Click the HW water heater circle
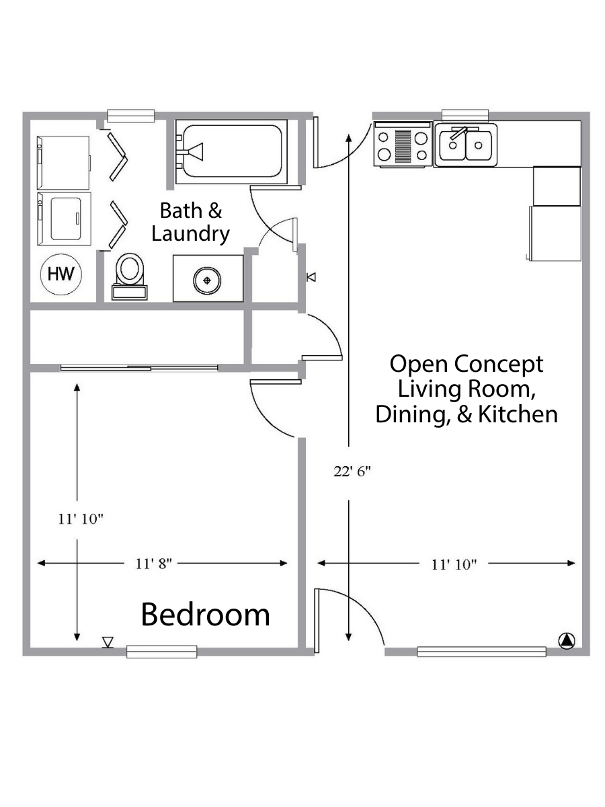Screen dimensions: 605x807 [61, 274]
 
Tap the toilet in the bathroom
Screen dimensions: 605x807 [129, 276]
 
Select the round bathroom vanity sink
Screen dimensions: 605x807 [207, 280]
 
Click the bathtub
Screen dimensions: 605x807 [231, 151]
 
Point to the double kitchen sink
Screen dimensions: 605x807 [465, 145]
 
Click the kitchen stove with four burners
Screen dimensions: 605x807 [403, 145]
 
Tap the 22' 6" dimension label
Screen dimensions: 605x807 [352, 471]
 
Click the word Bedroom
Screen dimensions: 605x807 [205, 615]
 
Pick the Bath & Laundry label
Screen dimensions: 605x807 [191, 222]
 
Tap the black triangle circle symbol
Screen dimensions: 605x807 [567, 641]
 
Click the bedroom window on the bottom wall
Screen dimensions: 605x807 [161, 652]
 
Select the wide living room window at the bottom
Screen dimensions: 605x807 [481, 652]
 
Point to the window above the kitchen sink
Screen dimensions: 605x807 [465, 116]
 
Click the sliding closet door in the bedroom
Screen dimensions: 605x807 [139, 368]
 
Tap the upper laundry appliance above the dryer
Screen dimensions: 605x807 [64, 163]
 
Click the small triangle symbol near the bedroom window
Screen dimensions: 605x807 [108, 642]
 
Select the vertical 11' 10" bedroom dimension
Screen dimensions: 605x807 [77, 512]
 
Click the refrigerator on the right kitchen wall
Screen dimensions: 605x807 [555, 233]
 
